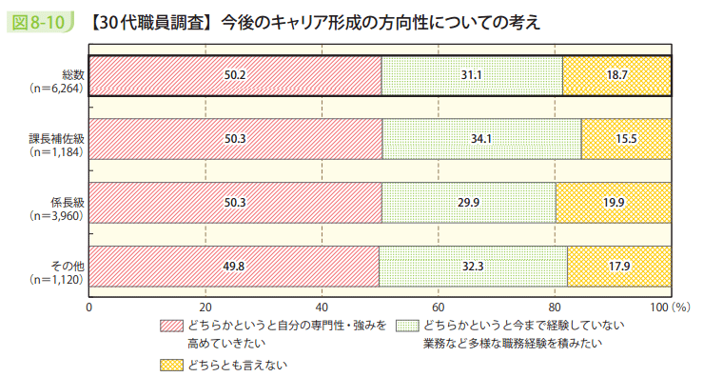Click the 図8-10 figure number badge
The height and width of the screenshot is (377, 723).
pyautogui.click(x=38, y=20)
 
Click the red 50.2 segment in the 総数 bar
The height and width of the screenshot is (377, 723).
pyautogui.click(x=235, y=75)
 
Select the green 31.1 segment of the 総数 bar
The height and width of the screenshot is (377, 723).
pyautogui.click(x=472, y=75)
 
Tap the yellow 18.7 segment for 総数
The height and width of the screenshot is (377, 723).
pyautogui.click(x=616, y=75)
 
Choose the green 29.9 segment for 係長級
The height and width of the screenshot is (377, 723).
pyautogui.click(x=469, y=202)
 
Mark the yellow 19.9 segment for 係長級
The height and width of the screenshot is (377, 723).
pyautogui.click(x=614, y=202)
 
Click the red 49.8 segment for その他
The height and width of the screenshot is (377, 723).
pyautogui.click(x=234, y=266)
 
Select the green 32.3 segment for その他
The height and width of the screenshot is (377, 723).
pyautogui.click(x=473, y=266)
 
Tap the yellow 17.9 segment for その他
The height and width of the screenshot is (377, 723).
pyautogui.click(x=619, y=266)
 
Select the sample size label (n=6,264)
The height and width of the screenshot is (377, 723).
pyautogui.click(x=57, y=85)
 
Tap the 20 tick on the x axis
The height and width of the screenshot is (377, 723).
pyautogui.click(x=205, y=307)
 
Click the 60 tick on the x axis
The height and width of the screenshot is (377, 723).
pyautogui.click(x=439, y=307)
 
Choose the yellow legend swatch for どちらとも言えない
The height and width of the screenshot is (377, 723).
pyautogui.click(x=171, y=364)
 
